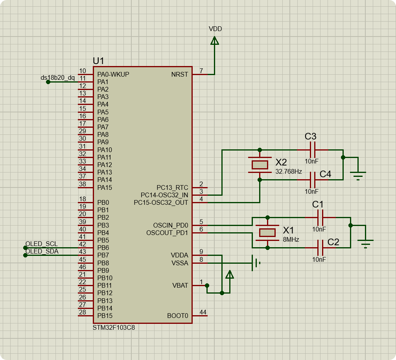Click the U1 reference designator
(98, 61)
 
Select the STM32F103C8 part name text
(114, 327)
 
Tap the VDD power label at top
(215, 29)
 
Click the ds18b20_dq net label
(57, 77)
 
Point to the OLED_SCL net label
(41, 244)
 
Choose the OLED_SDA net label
(42, 252)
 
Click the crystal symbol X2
(259, 165)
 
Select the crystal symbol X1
(267, 232)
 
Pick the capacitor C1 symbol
(320, 217)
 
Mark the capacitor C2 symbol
(320, 248)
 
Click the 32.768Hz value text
(289, 172)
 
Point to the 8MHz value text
(291, 239)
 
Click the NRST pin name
(180, 74)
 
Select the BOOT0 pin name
(178, 316)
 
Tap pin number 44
(203, 312)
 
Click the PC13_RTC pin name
(172, 187)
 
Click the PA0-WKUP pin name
(113, 74)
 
